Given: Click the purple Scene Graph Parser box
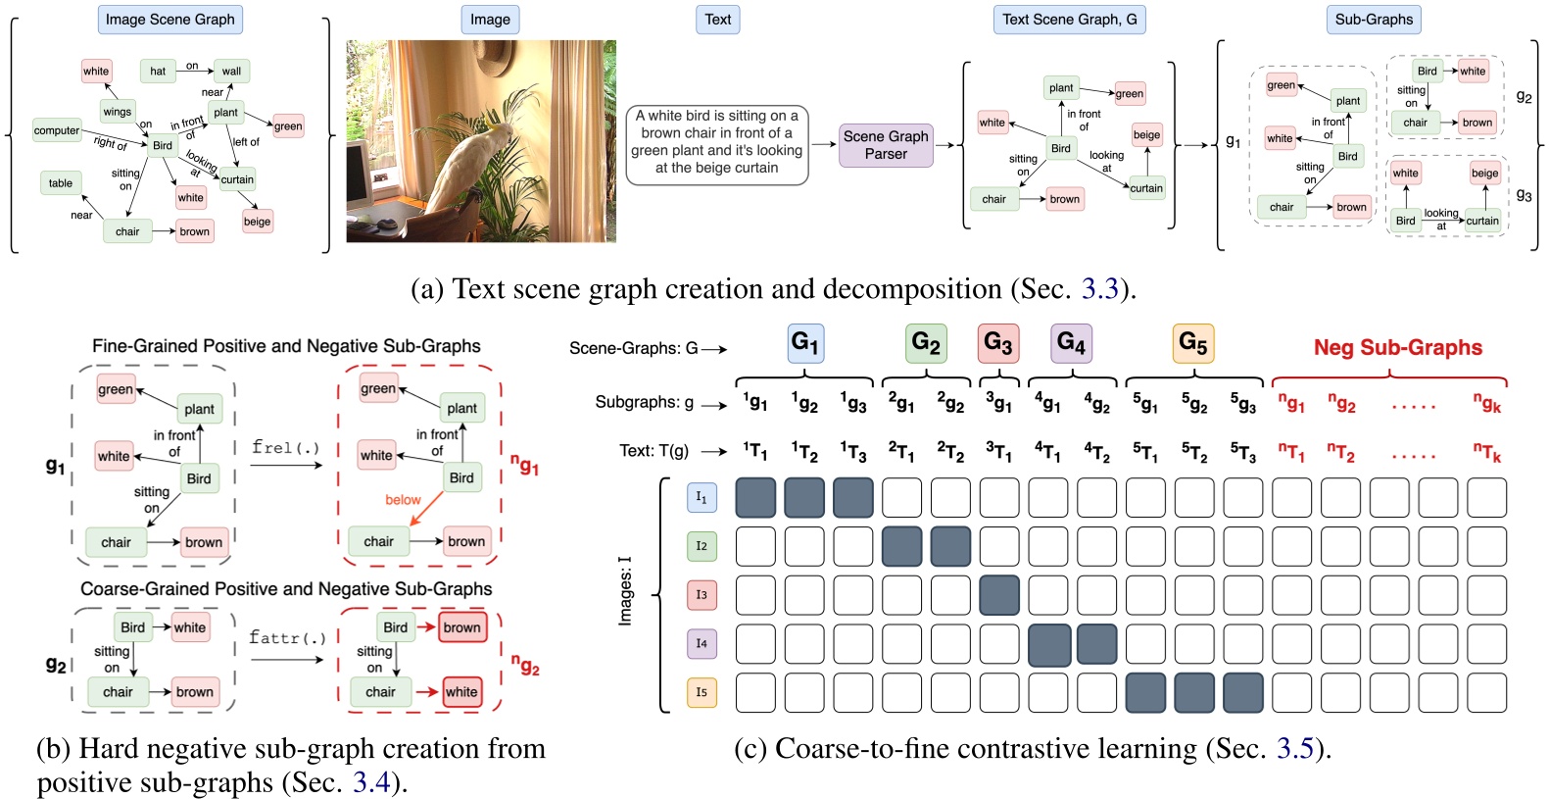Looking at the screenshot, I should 886,145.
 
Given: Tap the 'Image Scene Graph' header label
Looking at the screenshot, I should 169,20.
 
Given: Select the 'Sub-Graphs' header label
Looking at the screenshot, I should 1374,20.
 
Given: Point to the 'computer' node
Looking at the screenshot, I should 57,130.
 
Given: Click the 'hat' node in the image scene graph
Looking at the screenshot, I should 158,71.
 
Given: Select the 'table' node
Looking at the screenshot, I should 61,183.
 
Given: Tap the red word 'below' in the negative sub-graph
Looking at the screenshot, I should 403,500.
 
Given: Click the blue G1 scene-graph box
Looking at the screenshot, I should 804,343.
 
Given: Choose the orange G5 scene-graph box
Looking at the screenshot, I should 1192,343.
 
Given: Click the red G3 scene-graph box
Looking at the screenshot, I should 998,343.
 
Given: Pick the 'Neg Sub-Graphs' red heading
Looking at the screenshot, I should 1397,348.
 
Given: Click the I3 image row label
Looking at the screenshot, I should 702,595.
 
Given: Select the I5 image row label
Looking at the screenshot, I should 702,692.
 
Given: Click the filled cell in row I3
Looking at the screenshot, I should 998,595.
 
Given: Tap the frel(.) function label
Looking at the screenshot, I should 285,448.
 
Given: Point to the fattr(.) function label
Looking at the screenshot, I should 286,638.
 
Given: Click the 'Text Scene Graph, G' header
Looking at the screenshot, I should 1069,20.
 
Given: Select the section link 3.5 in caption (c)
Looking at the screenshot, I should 1294,749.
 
